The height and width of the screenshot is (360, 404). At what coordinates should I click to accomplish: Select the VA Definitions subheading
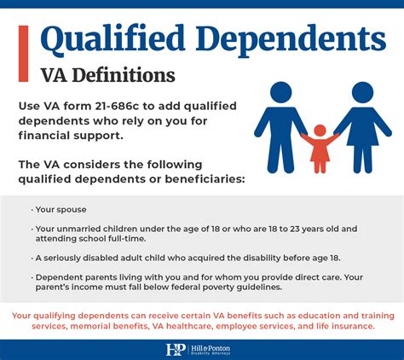(x=108, y=75)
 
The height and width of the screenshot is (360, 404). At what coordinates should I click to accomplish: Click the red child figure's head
(x=320, y=131)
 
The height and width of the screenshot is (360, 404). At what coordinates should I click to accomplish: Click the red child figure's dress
(x=320, y=154)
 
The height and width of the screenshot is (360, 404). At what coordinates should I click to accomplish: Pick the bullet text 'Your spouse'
(x=61, y=209)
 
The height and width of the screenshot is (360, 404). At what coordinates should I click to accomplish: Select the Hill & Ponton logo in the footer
(x=202, y=349)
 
